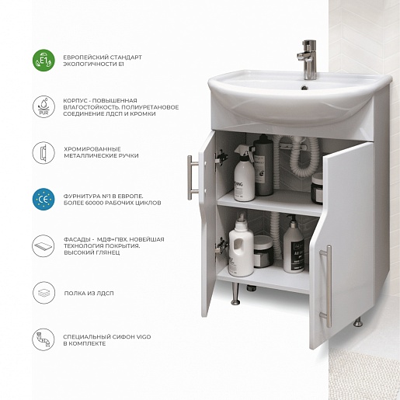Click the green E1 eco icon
click(x=43, y=61)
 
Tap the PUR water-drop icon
click(x=43, y=106)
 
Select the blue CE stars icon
click(x=43, y=199)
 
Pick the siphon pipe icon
click(x=43, y=339)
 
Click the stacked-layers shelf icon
click(x=43, y=293)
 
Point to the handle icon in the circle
click(x=43, y=153)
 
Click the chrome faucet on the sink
click(x=308, y=60)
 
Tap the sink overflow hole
click(x=304, y=88)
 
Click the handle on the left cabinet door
click(x=192, y=178)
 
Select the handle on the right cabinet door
click(x=327, y=286)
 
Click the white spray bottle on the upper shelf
click(x=244, y=173)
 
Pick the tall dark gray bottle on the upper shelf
click(x=263, y=165)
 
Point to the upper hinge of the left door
click(x=221, y=157)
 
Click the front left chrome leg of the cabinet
click(x=235, y=294)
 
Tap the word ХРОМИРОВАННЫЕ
click(x=92, y=149)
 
